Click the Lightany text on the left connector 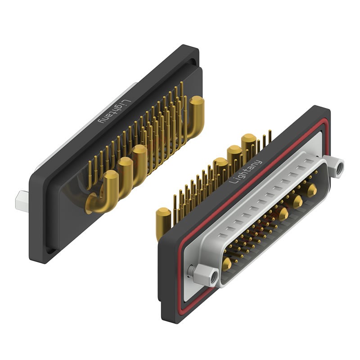coord(114,112)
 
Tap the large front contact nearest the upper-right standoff coord(312,189)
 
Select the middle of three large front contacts coord(298,201)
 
